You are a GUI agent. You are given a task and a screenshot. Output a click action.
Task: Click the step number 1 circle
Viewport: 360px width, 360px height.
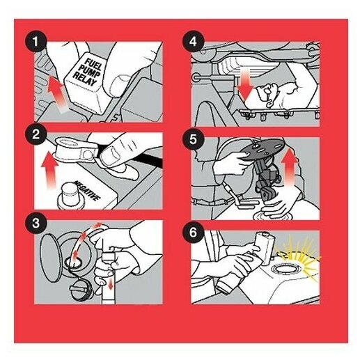point(36,42)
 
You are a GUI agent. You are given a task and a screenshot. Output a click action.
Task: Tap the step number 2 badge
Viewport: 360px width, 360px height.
point(36,134)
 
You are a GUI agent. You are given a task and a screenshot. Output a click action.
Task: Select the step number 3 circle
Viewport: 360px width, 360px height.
point(36,224)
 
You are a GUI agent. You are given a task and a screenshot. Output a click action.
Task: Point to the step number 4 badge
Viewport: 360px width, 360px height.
point(193,42)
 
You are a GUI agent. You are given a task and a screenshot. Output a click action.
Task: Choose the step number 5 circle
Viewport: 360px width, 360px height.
point(193,140)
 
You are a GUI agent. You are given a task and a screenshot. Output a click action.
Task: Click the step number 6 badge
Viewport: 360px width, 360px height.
point(193,233)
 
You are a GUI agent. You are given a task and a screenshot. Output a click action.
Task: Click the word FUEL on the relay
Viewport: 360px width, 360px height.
point(93,64)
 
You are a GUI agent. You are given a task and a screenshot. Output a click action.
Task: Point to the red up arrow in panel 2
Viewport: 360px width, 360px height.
point(49,170)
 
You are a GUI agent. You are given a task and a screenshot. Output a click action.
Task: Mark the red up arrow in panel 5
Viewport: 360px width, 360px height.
point(289,168)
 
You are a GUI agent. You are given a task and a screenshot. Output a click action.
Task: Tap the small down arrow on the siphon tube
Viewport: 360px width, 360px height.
point(111,284)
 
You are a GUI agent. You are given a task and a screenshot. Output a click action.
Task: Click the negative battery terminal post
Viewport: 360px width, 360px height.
point(69,194)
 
